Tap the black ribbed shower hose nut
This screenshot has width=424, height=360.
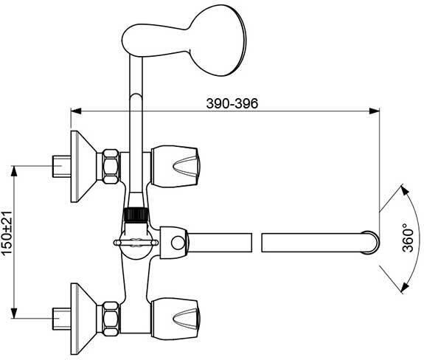point(135,214)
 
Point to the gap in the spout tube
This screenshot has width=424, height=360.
point(257,242)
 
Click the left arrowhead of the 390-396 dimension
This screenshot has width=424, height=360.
point(74,112)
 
